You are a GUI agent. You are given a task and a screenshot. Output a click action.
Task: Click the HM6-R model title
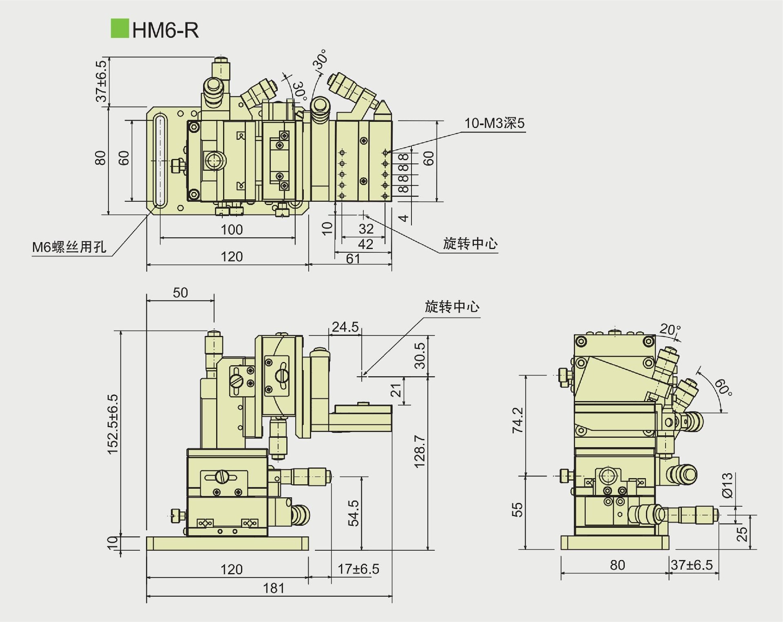tap(166, 30)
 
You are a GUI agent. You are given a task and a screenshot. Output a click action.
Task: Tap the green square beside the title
tap(119, 29)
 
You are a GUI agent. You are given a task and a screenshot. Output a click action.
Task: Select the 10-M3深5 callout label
tap(494, 123)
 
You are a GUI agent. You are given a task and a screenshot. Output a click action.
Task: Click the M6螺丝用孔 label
tap(69, 247)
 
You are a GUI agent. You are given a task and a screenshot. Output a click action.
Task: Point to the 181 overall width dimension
tap(273, 588)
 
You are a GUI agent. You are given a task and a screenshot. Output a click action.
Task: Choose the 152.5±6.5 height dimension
tap(113, 424)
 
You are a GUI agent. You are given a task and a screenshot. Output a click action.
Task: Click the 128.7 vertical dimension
tap(419, 451)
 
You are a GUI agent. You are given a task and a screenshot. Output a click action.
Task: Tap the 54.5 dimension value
tap(354, 513)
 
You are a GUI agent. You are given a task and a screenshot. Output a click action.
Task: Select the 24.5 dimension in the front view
tap(345, 327)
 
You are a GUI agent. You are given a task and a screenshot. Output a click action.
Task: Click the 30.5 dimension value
tap(420, 355)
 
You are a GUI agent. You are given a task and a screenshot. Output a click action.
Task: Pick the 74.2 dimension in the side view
tap(518, 420)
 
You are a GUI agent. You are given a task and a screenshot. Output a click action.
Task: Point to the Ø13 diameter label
tap(727, 485)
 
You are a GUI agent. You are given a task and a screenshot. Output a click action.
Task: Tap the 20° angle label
tap(670, 329)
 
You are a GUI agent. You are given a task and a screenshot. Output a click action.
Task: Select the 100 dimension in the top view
tap(232, 230)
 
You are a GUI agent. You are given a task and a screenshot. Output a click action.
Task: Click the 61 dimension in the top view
tap(353, 259)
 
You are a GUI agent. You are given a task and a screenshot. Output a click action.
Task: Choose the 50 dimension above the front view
tap(180, 293)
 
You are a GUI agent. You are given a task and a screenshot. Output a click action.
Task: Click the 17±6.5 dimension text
tap(358, 569)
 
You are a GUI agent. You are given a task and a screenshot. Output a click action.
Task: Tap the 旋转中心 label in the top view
tap(470, 244)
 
